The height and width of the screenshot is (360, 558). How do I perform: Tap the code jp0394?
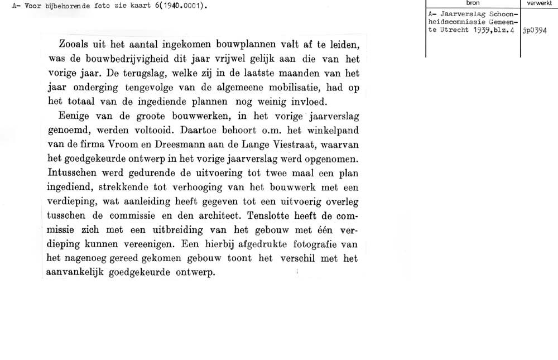click(535, 32)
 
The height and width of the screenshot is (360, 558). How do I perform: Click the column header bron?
click(473, 3)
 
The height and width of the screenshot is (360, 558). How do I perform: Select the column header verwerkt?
click(540, 3)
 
